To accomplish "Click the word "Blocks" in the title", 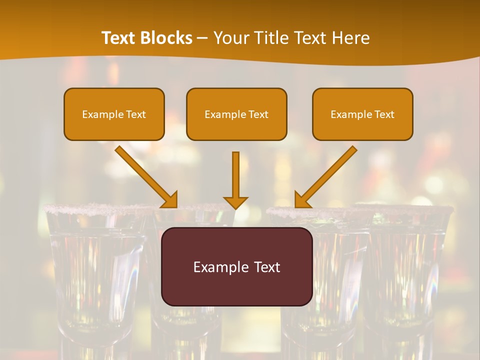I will pos(166,38).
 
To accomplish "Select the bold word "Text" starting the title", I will pos(119,38).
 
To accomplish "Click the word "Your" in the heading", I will pos(230,38).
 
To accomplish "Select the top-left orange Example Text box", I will pos(114,114).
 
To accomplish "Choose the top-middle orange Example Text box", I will pos(236,114).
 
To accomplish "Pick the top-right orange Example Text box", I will pos(362,114).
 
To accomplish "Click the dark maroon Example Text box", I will pos(236,266).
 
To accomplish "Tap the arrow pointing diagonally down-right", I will pos(144,175).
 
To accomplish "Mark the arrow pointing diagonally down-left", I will pos(327,175).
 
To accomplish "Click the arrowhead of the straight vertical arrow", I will pos(236,202).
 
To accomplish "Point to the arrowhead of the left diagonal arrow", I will pos(170,200).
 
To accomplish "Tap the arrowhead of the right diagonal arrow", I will pos(301,200).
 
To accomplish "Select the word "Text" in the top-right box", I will pos(384,114).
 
